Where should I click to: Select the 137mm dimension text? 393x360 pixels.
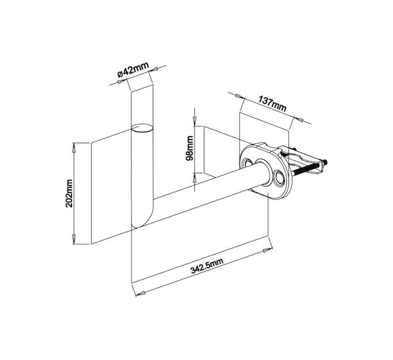click(272, 103)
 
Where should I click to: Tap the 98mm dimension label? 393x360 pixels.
click(190, 149)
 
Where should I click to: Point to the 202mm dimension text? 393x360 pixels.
click(69, 193)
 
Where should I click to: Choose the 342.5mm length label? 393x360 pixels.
click(207, 266)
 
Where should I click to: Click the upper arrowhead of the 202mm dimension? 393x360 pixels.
click(73, 148)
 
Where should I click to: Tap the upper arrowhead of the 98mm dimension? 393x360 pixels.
click(195, 120)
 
